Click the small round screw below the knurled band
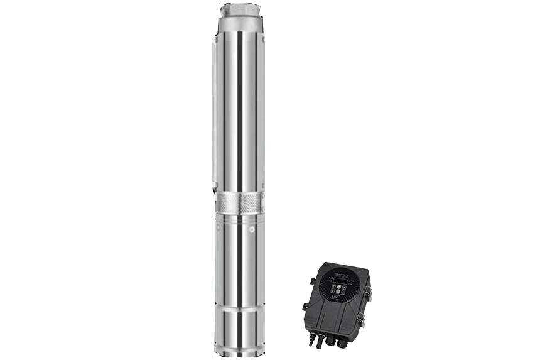251,231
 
